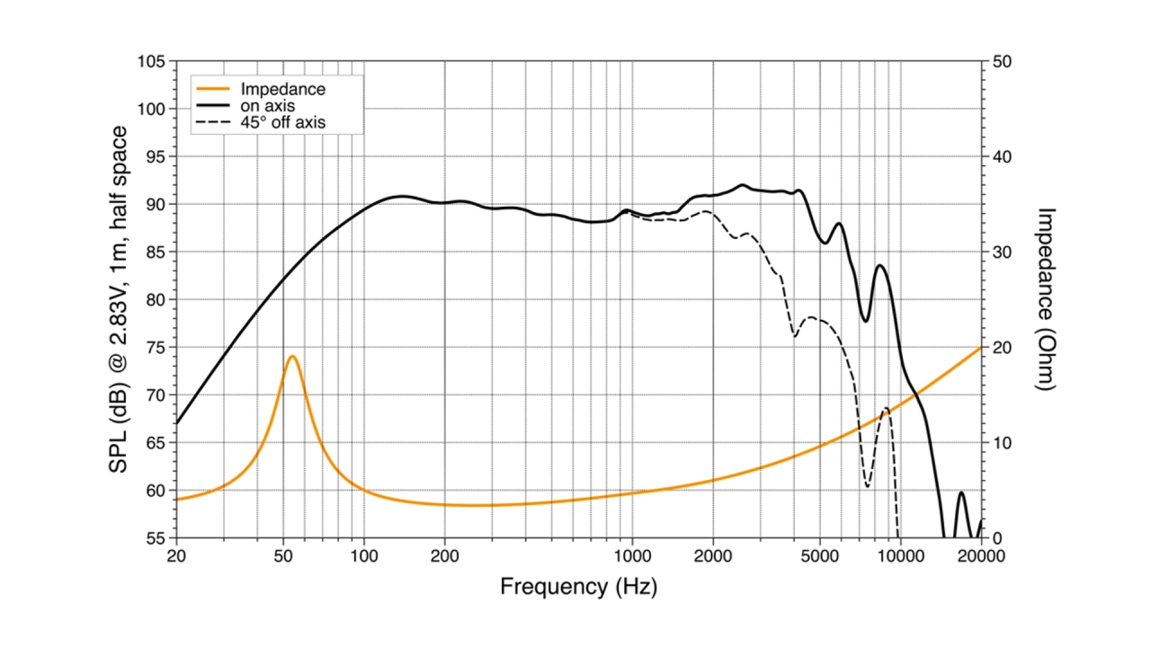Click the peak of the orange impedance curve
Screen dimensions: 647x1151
(292, 357)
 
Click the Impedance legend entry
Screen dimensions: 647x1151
(282, 89)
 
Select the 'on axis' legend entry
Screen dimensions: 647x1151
(269, 106)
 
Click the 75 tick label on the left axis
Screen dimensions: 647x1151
(155, 348)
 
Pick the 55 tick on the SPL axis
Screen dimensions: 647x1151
(155, 538)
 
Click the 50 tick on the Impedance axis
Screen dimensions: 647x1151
(1001, 62)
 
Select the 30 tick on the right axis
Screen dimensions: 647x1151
(1001, 253)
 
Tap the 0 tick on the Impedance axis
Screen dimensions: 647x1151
(996, 538)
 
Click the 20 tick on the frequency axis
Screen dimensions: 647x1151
(176, 555)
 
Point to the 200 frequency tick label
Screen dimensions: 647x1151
(444, 555)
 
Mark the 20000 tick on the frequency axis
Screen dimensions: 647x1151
(980, 555)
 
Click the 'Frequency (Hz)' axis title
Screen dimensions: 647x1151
(578, 588)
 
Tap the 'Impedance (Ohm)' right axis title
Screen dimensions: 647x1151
(1046, 299)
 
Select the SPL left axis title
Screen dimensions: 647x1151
(118, 299)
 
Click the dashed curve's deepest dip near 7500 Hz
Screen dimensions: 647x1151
(868, 487)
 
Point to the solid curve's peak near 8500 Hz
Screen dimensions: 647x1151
(880, 265)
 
